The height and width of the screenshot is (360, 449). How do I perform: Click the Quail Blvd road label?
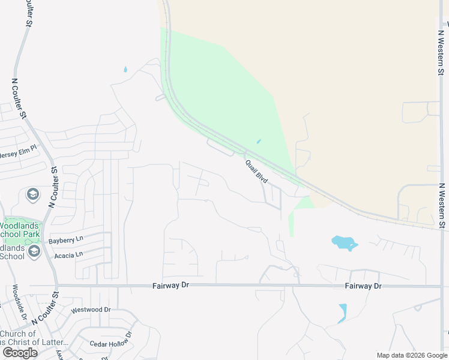256,170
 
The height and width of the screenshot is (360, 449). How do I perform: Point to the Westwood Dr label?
91,310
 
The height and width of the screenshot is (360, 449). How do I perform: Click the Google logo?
20,352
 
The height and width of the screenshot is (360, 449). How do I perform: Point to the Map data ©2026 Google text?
411,355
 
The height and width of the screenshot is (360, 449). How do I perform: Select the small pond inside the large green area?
259,142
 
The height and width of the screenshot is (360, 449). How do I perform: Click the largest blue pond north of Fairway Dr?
344,242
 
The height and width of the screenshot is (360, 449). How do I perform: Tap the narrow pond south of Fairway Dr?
342,313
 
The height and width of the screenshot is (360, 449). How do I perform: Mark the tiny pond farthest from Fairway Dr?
125,69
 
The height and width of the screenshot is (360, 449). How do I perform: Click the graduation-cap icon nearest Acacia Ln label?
34,251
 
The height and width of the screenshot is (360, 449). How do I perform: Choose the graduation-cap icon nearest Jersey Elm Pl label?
32,194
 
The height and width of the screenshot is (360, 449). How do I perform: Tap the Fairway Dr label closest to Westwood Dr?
172,286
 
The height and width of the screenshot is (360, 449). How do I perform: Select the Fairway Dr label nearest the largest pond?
363,286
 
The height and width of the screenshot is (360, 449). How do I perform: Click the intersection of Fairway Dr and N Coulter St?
57,286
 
